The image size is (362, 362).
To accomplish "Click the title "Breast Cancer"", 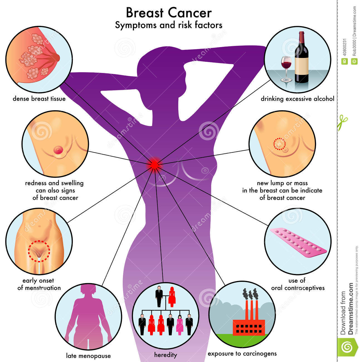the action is point(169,13).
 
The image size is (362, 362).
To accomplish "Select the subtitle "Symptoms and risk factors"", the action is point(169,25).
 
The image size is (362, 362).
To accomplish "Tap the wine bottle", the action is point(302,57).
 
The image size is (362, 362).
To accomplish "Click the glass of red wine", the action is point(286,69).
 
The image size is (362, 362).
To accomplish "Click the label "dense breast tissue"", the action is point(39,99).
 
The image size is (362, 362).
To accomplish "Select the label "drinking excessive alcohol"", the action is point(298,99).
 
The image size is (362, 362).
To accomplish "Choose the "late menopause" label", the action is point(88,356).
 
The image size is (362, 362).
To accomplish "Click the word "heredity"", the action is point(166,355).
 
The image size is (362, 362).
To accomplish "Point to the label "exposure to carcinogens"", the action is point(242,354).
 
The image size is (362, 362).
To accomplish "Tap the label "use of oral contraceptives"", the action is point(298,284).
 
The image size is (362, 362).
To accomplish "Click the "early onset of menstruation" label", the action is point(39,284).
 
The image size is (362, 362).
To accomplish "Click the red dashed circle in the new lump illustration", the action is point(279,144).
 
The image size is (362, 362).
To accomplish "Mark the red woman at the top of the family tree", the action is point(172,297).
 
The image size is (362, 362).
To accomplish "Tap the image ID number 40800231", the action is point(344,48).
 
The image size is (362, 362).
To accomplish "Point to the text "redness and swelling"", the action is point(54,183).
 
